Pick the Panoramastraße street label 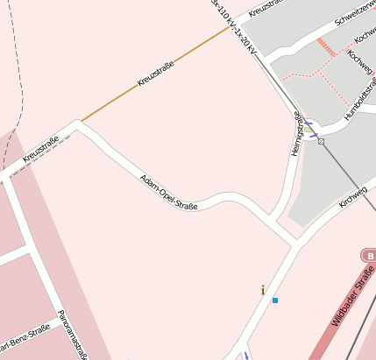click(x=74, y=334)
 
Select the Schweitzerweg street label click(x=354, y=24)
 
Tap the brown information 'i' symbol click(x=262, y=289)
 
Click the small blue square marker click(x=275, y=300)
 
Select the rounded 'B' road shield click(x=368, y=255)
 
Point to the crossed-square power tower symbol click(x=322, y=140)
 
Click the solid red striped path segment click(x=326, y=46)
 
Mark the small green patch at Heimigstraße click(x=309, y=129)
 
